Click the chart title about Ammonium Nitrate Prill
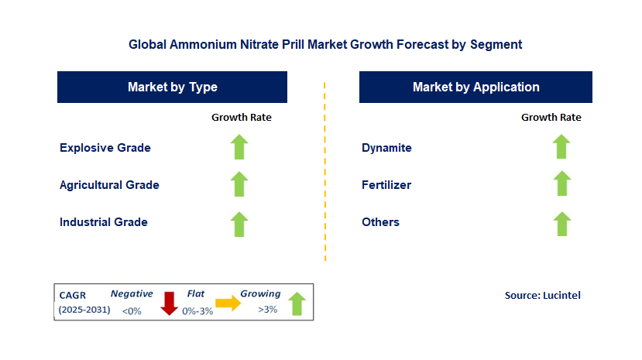tap(325, 45)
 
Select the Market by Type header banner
tap(172, 87)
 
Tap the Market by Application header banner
tap(475, 87)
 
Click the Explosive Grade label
tap(105, 147)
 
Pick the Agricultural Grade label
tap(109, 185)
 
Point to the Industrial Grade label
tap(104, 222)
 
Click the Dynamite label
tap(386, 147)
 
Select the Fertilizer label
tap(386, 185)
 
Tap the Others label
tap(380, 222)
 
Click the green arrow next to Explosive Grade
tap(239, 146)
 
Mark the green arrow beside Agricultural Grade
tap(239, 184)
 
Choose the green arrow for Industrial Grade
tap(239, 224)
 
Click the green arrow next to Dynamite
tap(561, 146)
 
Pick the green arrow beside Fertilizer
tap(561, 184)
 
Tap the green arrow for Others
tap(561, 224)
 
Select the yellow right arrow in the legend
tap(228, 303)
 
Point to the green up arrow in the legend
tap(297, 303)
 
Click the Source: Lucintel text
tap(542, 295)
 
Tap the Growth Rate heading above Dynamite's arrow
tap(551, 118)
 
